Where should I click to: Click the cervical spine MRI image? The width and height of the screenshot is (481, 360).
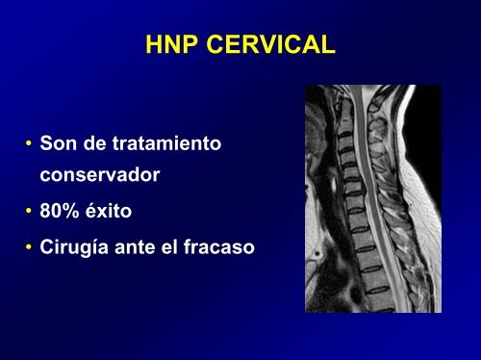(x=373, y=198)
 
